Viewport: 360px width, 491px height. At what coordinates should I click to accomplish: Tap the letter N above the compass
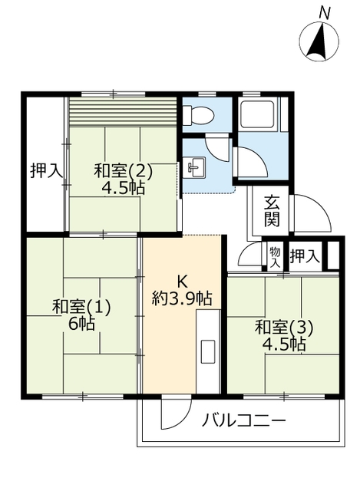[325, 12]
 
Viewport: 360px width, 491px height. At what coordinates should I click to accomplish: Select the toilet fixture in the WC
[200, 116]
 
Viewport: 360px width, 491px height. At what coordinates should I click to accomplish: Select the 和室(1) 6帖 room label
[82, 315]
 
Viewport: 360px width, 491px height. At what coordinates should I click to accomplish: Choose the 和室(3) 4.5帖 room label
[285, 335]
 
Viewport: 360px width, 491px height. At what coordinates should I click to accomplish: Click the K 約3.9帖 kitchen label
[182, 289]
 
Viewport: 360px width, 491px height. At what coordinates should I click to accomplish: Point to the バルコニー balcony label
[244, 420]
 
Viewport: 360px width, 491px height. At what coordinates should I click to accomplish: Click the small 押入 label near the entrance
[305, 255]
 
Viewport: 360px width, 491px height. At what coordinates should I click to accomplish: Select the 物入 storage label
[274, 255]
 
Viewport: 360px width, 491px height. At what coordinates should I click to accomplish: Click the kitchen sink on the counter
[208, 350]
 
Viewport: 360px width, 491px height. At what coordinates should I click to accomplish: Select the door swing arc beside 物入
[252, 255]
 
